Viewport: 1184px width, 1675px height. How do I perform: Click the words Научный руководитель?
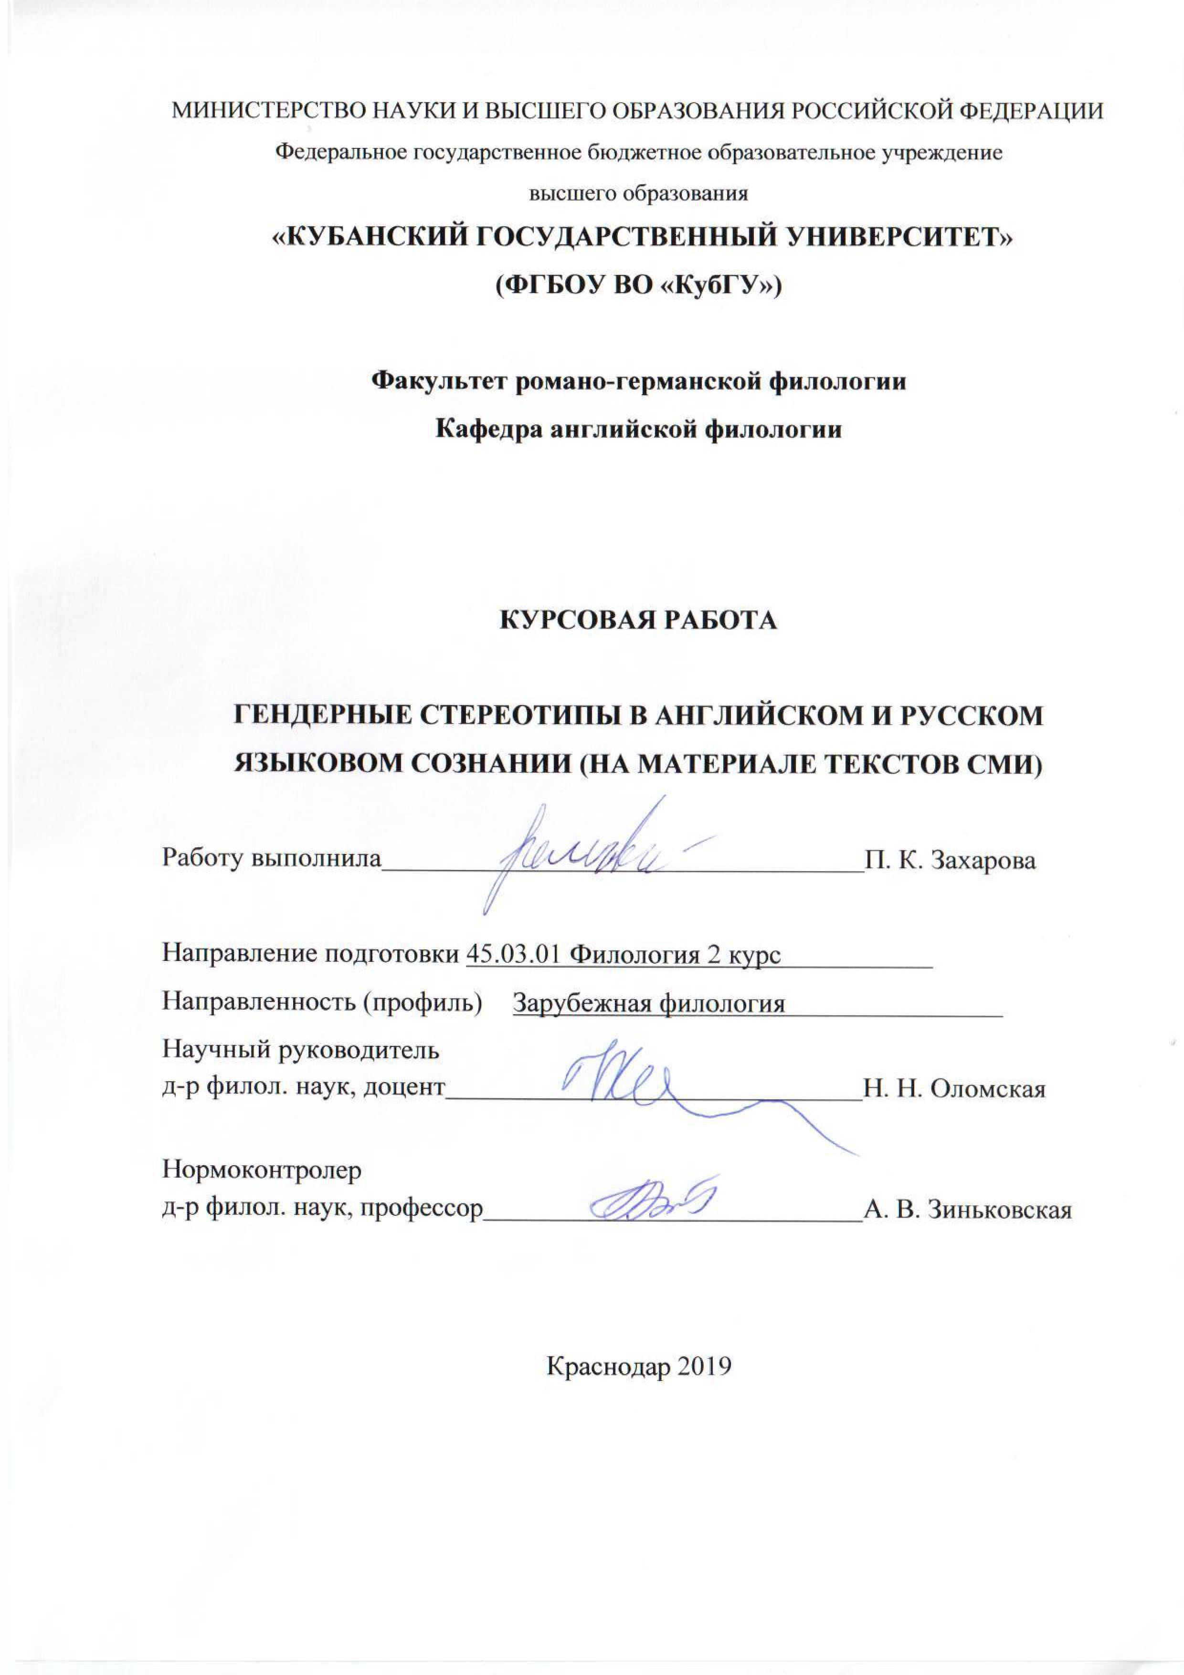coord(301,1051)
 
